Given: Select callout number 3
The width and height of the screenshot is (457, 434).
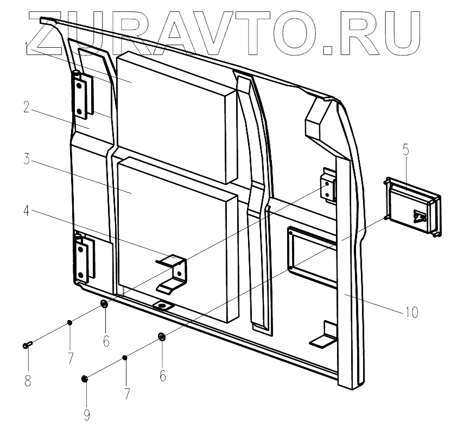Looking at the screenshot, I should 26,161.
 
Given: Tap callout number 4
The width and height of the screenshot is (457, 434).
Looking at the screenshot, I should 26,209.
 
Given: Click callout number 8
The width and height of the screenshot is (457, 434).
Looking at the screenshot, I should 27,381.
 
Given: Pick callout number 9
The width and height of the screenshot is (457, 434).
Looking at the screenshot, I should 86,415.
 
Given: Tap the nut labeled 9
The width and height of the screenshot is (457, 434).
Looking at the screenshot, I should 85,378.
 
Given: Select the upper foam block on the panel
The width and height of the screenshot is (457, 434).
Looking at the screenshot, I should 174,114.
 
